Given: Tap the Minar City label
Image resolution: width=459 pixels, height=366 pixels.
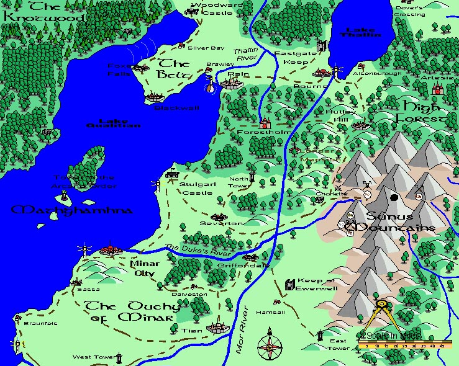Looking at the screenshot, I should click(x=144, y=268).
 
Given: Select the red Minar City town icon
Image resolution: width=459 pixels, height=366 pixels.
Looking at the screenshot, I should click(x=111, y=249).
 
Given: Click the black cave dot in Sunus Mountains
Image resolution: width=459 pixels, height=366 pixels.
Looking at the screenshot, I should click(x=394, y=198).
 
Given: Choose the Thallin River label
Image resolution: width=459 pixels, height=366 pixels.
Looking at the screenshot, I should click(x=245, y=54).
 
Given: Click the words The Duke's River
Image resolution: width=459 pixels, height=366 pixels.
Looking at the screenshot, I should click(x=198, y=251).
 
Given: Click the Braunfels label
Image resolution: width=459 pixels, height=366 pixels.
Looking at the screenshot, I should click(x=40, y=323).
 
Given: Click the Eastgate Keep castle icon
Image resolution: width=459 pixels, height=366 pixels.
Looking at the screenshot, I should click(x=322, y=45).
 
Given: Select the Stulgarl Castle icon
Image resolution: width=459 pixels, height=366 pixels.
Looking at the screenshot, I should click(x=172, y=175).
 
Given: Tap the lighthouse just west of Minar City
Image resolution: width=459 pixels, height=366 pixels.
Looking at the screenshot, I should click(x=83, y=250).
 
